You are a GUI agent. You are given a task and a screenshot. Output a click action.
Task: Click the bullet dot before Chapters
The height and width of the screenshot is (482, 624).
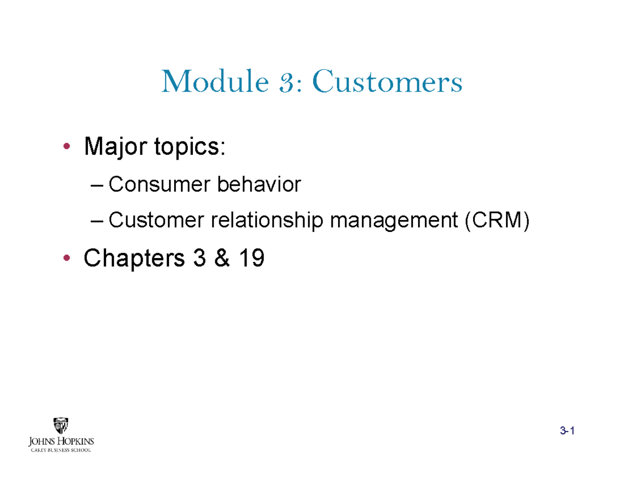65,258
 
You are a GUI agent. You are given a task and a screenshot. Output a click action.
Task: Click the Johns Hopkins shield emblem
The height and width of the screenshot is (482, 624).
61,426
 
